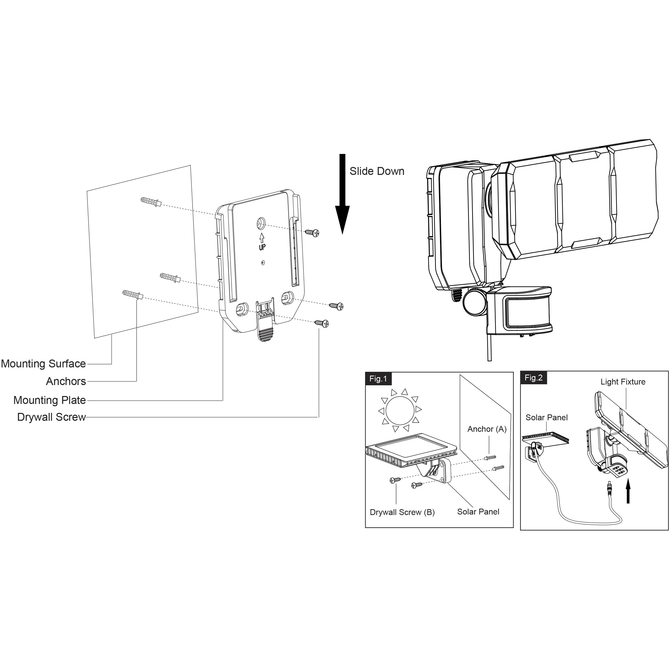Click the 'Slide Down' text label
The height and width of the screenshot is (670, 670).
coord(377,171)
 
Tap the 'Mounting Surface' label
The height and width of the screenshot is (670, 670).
coord(43,364)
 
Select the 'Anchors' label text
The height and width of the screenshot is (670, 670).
coord(66,381)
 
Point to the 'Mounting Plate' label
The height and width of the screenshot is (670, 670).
coord(50,400)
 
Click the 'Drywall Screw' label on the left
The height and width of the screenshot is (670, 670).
coord(51,417)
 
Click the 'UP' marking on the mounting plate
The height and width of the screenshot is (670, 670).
coord(262,247)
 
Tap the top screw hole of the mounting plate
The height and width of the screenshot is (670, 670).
coord(260,224)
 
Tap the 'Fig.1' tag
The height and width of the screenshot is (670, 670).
coord(378,379)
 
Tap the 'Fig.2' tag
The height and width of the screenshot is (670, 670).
coord(533,378)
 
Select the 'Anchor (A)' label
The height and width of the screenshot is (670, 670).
coord(487,429)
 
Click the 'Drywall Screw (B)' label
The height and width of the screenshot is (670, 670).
coord(402,512)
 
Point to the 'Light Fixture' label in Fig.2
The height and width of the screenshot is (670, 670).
coord(623,382)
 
